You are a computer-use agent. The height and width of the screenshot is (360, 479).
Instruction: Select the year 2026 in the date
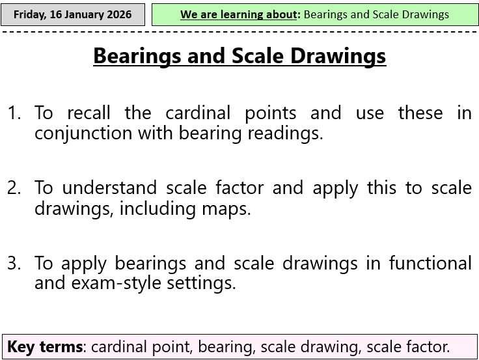tap(118, 14)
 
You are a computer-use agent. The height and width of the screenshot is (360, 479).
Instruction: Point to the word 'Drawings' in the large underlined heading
tap(337, 56)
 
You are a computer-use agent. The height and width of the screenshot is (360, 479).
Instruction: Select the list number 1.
tap(14, 113)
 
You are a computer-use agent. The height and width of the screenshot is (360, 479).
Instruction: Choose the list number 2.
tap(14, 188)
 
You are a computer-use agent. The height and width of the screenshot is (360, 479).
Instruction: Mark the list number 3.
tap(14, 263)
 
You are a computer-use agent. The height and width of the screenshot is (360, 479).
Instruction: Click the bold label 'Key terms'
tap(44, 346)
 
